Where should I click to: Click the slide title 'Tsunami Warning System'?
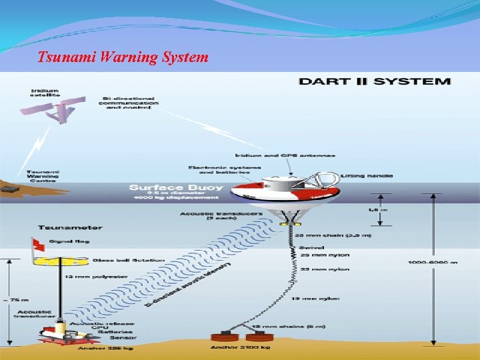[x=123, y=57]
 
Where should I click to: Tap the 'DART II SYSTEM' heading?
[x=375, y=81]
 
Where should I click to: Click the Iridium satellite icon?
[x=64, y=107]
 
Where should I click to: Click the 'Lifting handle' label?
[x=366, y=176]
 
